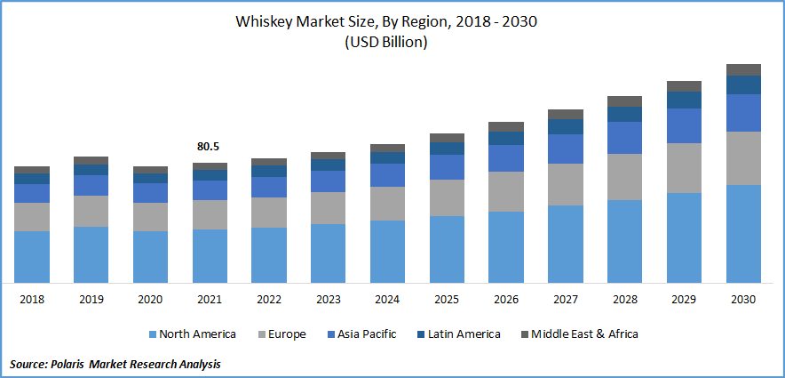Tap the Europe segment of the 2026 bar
[x=506, y=191]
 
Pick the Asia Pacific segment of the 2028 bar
[x=624, y=137]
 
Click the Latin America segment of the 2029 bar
[x=684, y=100]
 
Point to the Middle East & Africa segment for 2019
[x=91, y=160]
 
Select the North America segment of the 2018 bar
[x=32, y=256]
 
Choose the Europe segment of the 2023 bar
[x=328, y=207]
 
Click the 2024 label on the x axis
[x=387, y=300]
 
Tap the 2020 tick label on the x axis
[x=150, y=300]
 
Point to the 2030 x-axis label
[x=743, y=300]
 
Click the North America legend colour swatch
[x=152, y=334]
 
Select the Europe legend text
[x=286, y=334]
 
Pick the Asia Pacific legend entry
[x=366, y=334]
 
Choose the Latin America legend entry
[x=464, y=334]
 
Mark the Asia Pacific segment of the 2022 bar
[x=269, y=187]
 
